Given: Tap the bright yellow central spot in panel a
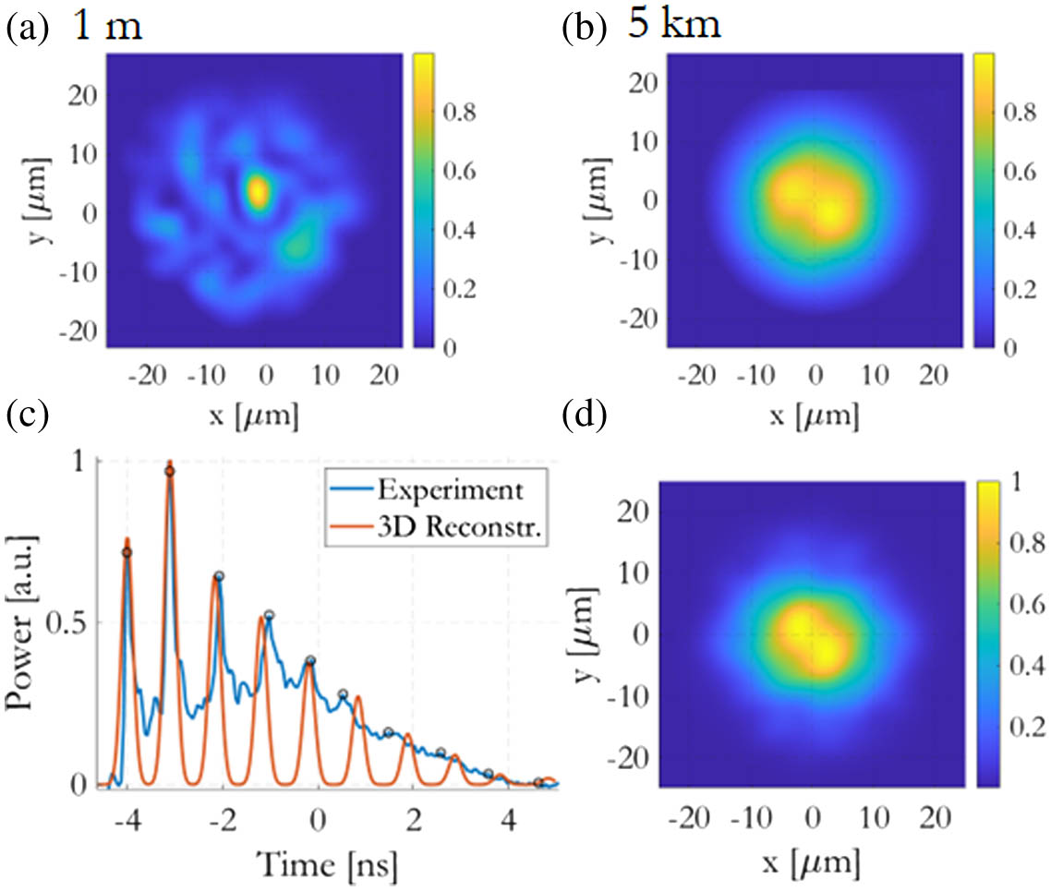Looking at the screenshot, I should (x=258, y=191).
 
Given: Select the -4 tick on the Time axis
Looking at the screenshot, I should (x=126, y=820).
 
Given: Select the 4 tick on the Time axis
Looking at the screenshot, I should (x=508, y=820).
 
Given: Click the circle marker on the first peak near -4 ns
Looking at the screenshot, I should (x=127, y=552).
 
